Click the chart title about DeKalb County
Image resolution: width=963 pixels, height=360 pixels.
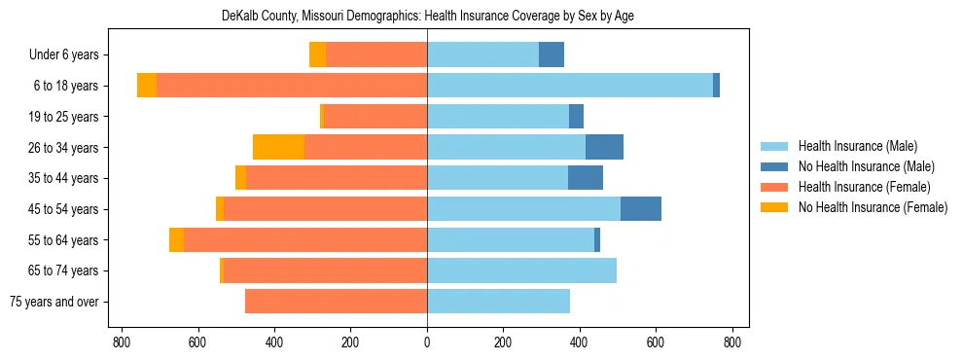[427, 17]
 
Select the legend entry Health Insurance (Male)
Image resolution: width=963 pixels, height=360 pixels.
[857, 146]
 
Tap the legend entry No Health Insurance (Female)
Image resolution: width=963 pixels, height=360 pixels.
[872, 207]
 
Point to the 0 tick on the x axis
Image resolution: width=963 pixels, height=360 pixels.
[427, 342]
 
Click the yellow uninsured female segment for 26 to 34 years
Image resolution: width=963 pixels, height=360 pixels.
[278, 147]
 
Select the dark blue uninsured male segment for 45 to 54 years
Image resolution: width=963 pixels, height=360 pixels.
[641, 209]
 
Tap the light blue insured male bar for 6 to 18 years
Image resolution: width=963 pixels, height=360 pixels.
[570, 86]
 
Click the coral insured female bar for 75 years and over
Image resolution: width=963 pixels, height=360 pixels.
[336, 302]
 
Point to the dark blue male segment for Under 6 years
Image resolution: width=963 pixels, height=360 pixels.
[552, 54]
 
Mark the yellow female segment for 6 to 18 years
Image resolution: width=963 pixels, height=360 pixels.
[147, 86]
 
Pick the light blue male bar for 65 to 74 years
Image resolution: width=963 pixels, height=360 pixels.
[521, 270]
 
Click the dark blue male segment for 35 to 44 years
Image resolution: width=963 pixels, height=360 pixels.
[586, 178]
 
